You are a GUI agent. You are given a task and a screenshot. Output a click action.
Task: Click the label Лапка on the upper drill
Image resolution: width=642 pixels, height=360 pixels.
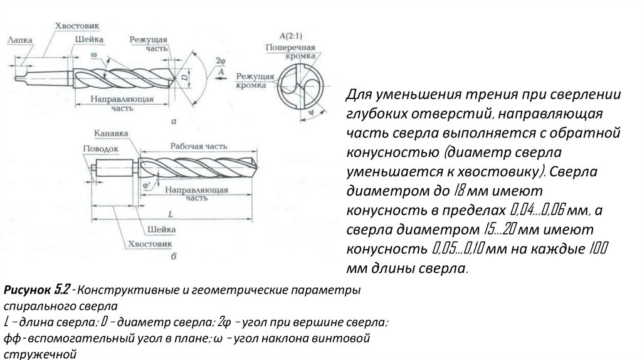point(21,39)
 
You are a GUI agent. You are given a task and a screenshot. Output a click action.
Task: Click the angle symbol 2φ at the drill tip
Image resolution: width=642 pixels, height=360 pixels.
point(219,60)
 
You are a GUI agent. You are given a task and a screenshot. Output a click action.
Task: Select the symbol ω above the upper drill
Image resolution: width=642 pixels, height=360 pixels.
point(93,55)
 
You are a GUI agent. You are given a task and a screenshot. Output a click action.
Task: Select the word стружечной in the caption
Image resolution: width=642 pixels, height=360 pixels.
point(40,354)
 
